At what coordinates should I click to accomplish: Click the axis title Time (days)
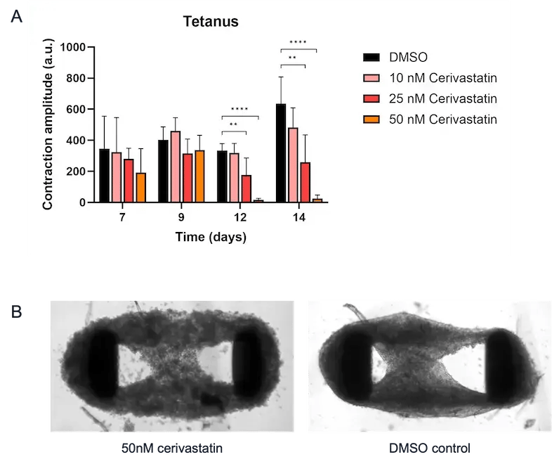211,238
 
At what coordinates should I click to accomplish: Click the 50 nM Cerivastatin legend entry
442,120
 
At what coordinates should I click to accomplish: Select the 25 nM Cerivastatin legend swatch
372,98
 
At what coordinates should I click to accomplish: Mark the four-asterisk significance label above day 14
298,43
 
